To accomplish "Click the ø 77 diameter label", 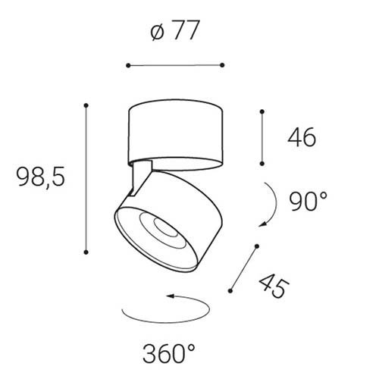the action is (175, 30).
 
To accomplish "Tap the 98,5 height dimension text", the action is (40, 177).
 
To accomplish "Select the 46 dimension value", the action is (302, 137).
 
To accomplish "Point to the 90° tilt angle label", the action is (308, 202).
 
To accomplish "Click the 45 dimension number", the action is (274, 286).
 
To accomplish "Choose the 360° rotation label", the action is (169, 353).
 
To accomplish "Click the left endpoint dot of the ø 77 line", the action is (128, 66).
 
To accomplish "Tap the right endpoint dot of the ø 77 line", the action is (222, 65).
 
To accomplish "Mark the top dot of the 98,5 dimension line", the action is (86, 105).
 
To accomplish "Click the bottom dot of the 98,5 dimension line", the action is (86, 252).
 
